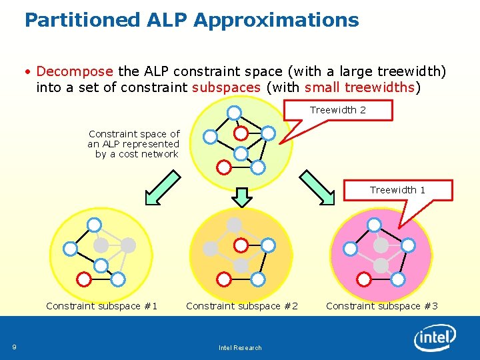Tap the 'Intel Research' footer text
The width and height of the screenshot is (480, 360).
point(240,347)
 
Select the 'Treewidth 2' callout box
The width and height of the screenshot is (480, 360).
point(338,110)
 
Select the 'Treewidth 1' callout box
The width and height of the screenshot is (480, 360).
point(397,190)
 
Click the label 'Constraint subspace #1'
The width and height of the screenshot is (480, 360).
point(102,306)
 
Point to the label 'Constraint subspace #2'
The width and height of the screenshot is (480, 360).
point(242,306)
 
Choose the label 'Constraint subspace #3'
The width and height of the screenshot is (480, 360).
point(382,306)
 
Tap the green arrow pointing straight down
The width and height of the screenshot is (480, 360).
point(242,197)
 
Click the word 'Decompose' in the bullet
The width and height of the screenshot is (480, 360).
point(75,71)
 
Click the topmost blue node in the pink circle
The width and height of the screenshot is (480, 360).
point(375,224)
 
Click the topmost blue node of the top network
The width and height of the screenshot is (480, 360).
point(234,112)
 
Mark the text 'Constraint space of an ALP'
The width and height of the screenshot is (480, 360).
point(134,139)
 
